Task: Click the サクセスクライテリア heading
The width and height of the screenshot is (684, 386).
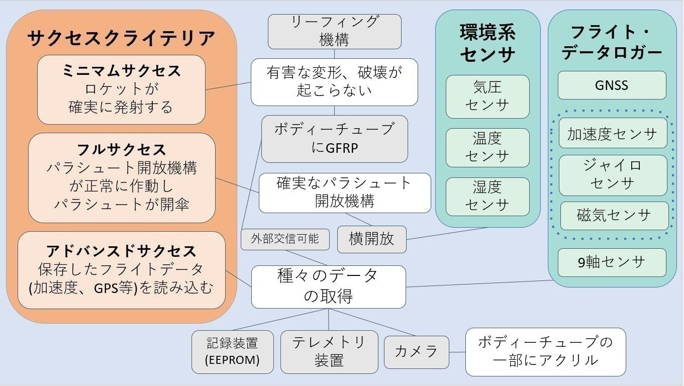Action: tap(121, 38)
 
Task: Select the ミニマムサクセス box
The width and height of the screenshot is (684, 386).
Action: tap(121, 89)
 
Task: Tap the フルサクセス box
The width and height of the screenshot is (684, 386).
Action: tap(122, 177)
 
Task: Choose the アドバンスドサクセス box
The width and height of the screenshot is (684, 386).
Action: tap(121, 270)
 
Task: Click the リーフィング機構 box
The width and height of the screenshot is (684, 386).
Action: tap(334, 31)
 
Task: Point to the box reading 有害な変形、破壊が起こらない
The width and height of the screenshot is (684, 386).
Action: tap(334, 82)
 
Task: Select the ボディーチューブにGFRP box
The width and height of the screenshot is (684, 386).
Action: tap(334, 139)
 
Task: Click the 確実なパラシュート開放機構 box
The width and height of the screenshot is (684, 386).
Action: tap(345, 192)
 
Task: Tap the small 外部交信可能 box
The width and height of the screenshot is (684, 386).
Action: tap(285, 239)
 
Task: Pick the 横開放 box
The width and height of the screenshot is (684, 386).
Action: tap(371, 239)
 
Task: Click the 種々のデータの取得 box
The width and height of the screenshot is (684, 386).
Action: tap(328, 286)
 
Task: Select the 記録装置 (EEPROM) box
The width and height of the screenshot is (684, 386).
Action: tap(233, 352)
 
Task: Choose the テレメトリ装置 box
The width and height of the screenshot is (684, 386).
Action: tap(329, 352)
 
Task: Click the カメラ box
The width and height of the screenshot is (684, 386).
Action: tap(416, 352)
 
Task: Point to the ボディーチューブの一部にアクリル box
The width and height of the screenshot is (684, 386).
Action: tap(545, 352)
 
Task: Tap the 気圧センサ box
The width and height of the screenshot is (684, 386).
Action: tap(487, 96)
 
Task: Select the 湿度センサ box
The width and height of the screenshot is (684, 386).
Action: tap(487, 196)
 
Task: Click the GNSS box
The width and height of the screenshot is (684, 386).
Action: tap(612, 85)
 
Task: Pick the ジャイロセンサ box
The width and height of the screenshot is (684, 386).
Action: tap(613, 175)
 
